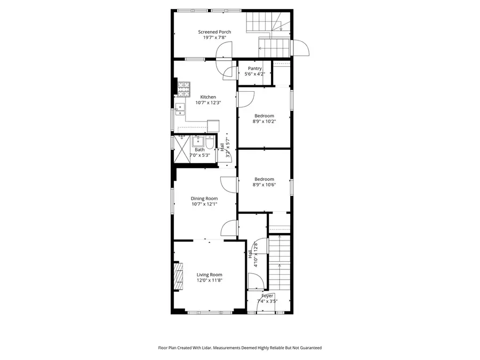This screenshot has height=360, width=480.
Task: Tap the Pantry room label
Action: (254, 68)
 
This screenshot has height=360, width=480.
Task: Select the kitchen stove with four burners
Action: (183, 86)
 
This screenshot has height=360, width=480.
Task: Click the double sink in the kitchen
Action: (180, 109)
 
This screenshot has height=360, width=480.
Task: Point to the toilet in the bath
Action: (210, 143)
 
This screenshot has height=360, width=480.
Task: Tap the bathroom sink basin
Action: (197, 141)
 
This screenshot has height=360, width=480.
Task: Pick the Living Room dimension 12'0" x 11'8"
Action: (209, 281)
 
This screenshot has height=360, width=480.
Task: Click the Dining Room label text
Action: (204, 198)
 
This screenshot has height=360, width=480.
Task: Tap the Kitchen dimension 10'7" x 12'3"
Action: (208, 103)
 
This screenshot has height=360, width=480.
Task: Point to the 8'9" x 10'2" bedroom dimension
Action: (264, 122)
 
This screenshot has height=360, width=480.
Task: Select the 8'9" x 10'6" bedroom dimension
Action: (264, 185)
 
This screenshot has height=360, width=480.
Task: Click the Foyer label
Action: (267, 295)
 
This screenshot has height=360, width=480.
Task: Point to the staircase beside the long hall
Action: (279, 261)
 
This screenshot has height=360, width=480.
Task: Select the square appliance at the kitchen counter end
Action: (213, 126)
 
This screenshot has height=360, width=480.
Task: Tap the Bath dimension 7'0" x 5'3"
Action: (199, 156)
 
